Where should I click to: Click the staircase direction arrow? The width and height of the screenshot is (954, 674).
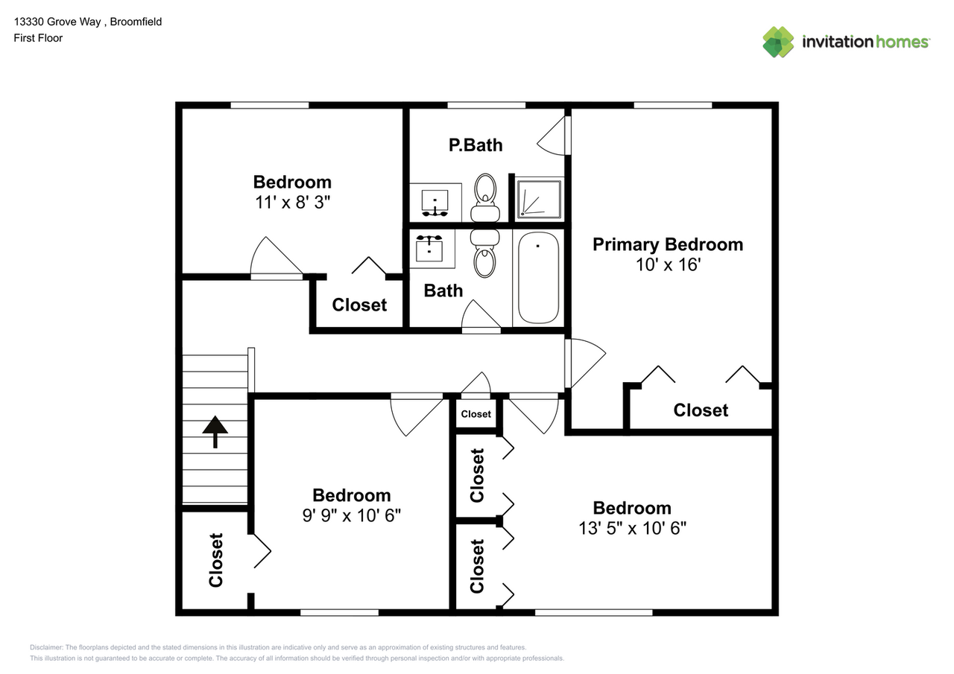point(215,431)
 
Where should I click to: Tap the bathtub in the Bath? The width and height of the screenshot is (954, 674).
point(537,278)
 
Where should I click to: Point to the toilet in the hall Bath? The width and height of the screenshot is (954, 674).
point(484,253)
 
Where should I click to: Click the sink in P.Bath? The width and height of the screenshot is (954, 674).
point(435,202)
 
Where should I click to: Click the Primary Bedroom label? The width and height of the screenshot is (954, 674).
point(667,244)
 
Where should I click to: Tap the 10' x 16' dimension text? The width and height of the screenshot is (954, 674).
point(667,264)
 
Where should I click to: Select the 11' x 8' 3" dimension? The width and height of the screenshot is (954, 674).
point(292,202)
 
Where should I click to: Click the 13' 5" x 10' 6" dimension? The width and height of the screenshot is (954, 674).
point(632,528)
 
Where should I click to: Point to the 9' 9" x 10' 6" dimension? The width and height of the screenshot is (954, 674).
point(351,515)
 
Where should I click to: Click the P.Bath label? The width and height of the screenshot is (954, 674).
point(475,145)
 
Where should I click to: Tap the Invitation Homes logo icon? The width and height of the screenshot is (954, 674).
point(778,42)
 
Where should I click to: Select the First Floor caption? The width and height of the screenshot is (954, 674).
point(38,38)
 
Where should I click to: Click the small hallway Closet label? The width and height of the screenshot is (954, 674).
point(476,414)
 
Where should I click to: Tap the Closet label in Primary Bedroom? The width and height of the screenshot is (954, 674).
point(701,410)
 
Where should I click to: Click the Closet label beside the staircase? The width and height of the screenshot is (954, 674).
point(216,559)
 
